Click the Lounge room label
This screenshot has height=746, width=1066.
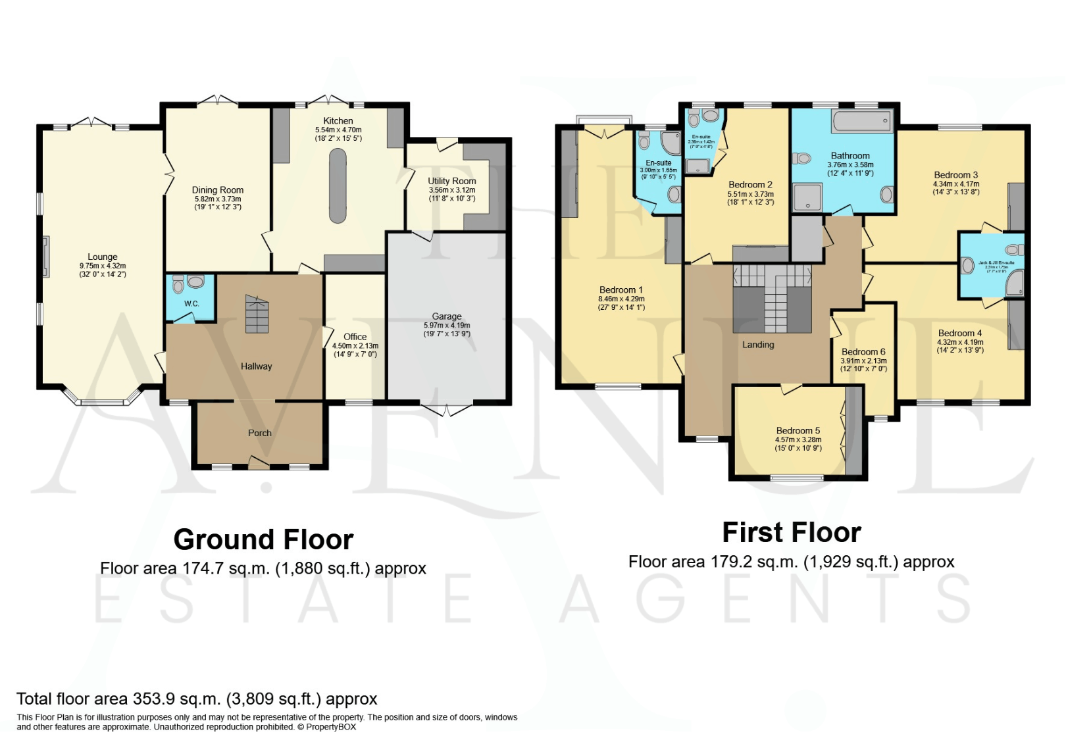(103, 257)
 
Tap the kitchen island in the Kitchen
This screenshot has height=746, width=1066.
(337, 186)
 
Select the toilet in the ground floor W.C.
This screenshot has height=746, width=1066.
(178, 285)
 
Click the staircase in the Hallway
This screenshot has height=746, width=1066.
(257, 314)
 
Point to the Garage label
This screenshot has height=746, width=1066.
(447, 316)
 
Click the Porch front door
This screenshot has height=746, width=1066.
(259, 463)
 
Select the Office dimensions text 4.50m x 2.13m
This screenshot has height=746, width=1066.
(355, 346)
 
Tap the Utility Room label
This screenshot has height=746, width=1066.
(452, 181)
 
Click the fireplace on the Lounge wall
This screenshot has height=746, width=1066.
(45, 257)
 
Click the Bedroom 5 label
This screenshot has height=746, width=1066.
(798, 431)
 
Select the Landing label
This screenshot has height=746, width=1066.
(758, 345)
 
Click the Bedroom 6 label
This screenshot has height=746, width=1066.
(863, 352)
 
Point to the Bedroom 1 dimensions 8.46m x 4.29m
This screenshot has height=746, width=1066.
(621, 299)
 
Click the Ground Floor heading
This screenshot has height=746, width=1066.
(263, 540)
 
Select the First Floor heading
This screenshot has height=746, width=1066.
(792, 533)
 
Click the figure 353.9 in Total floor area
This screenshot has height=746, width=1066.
(153, 699)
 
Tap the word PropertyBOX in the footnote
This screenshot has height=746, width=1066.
(331, 728)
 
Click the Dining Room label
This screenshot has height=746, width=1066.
(218, 190)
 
